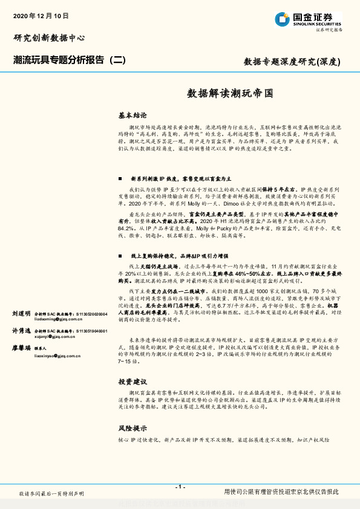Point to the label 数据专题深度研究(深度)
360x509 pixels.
click(292, 61)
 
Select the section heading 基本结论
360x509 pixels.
click(132, 114)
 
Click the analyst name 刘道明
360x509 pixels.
click(21, 314)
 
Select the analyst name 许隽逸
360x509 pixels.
click(21, 331)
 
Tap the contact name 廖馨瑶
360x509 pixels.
click(21, 349)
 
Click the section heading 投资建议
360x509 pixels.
click(132, 383)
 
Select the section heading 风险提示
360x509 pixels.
click(132, 427)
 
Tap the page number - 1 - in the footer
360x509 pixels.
click(180, 487)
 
